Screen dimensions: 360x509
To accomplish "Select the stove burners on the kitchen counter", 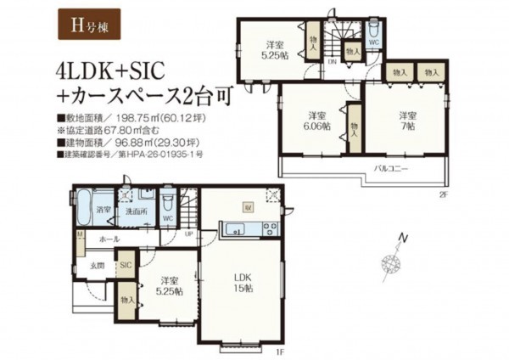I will click(269, 228).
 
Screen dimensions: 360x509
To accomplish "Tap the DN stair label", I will click(333, 62).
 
